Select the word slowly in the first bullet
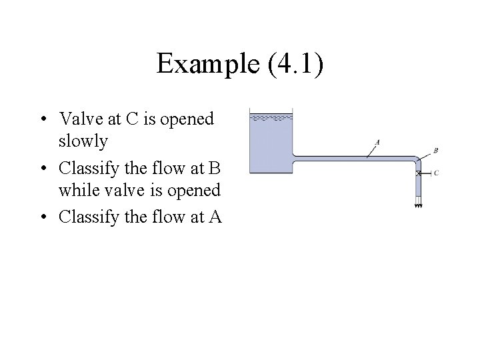tap(83, 141)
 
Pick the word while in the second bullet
tap(75, 190)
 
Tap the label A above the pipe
tap(378, 141)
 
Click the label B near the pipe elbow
tap(435, 151)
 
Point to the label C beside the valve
tap(435, 173)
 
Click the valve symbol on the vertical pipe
tap(419, 173)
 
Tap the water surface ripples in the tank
tap(271, 117)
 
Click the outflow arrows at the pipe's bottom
tap(419, 205)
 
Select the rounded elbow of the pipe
tap(417, 161)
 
